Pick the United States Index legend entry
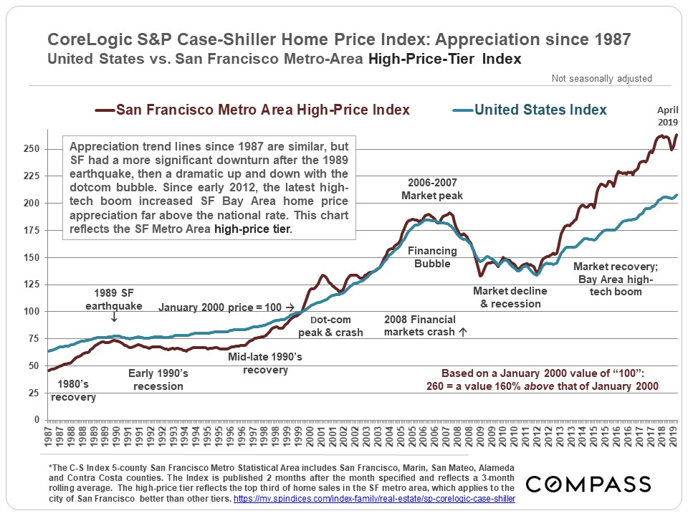tap(530, 110)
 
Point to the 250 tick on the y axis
tap(33, 149)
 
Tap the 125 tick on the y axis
tap(33, 285)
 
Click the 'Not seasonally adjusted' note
tap(601, 79)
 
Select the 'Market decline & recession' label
tap(510, 297)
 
